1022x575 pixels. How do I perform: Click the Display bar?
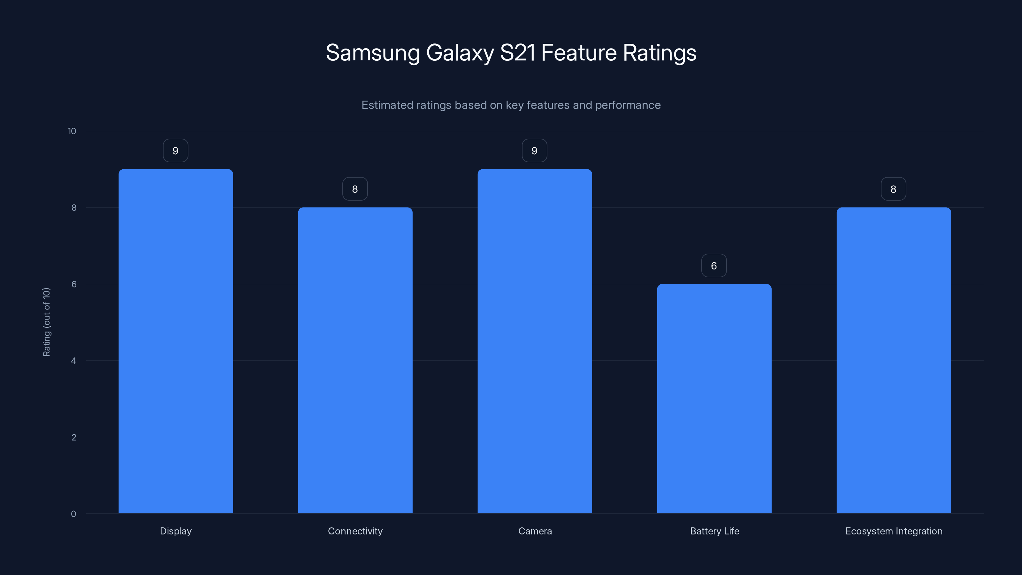(176, 341)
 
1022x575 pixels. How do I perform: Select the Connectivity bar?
(355, 360)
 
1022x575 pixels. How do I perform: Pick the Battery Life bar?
(714, 398)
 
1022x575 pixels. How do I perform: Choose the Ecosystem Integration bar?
(894, 360)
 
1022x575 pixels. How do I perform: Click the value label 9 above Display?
(175, 151)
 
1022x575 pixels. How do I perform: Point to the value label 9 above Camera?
(534, 151)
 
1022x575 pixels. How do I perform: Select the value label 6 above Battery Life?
(714, 266)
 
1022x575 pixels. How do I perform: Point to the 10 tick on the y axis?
(72, 131)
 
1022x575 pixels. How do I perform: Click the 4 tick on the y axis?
(74, 361)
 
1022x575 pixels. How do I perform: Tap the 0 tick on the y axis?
(73, 514)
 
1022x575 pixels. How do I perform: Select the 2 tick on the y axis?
(74, 438)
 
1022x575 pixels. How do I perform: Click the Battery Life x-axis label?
(714, 531)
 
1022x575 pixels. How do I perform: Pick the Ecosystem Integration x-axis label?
(894, 531)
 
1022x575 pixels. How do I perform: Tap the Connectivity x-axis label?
(355, 531)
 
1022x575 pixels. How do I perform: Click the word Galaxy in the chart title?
(460, 53)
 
